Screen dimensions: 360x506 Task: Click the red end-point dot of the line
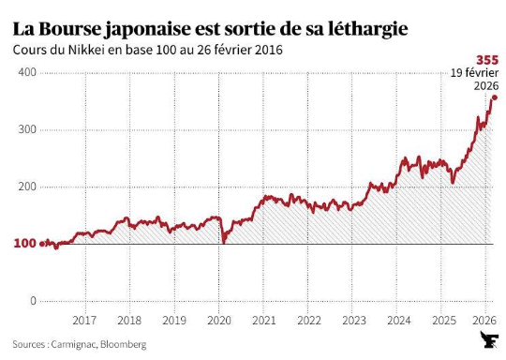click(x=494, y=97)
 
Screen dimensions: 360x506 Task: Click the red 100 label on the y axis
click(x=24, y=244)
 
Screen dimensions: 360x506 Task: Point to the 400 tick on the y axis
click(x=26, y=72)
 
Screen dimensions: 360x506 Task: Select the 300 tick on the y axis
click(x=26, y=129)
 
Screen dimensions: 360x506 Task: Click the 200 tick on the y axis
click(x=26, y=187)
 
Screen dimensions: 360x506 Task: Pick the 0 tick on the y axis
click(x=33, y=301)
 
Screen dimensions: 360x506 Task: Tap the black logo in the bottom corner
click(x=487, y=341)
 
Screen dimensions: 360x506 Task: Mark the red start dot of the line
click(x=43, y=243)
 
